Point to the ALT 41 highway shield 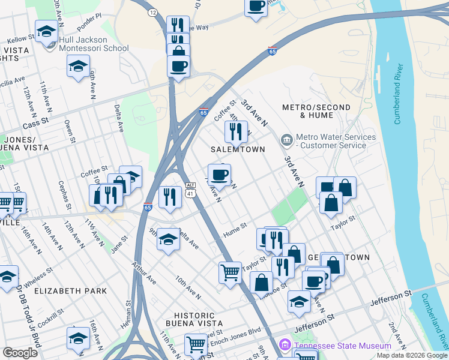point(190,189)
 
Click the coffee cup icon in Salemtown point(220,175)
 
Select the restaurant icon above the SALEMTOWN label point(236,131)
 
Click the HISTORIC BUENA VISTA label point(190,320)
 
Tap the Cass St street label point(34,125)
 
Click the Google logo point(20,353)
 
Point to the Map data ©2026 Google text point(411,355)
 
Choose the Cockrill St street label point(61,316)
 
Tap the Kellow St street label point(19,38)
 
